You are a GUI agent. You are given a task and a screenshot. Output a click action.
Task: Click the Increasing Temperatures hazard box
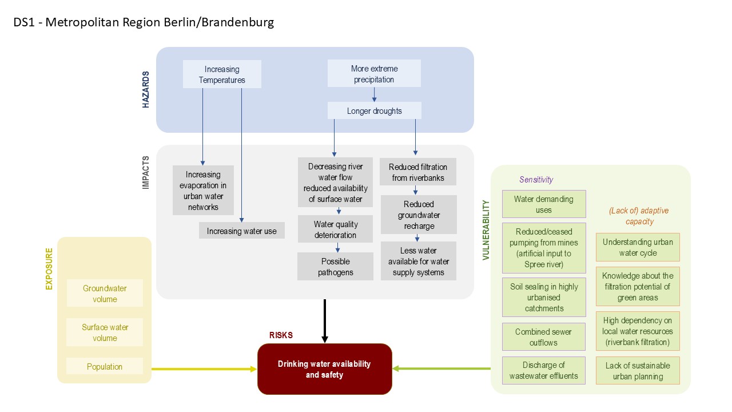tap(222, 74)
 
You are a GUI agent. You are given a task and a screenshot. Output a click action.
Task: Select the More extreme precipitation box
tap(374, 74)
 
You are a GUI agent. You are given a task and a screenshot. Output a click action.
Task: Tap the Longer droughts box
tap(374, 111)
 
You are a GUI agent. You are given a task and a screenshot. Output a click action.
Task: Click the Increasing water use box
tap(241, 231)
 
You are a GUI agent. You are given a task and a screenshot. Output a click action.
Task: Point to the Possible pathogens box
tap(335, 267)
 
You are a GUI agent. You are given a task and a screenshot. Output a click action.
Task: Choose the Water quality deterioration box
tap(335, 229)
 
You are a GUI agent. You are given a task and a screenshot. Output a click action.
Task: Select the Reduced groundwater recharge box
tap(419, 215)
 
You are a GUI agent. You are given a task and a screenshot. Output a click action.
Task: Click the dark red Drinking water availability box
tap(324, 369)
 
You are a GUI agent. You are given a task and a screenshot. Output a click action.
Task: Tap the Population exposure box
tap(105, 367)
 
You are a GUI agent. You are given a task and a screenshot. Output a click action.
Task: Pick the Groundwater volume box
tap(105, 294)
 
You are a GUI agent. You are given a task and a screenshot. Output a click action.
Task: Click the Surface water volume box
tap(105, 332)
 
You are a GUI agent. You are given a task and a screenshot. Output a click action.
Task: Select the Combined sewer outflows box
tap(543, 337)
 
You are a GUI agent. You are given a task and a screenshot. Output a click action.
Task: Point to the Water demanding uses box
tap(543, 204)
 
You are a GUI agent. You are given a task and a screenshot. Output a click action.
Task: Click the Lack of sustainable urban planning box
tap(638, 371)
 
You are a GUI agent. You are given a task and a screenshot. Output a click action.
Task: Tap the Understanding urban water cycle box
tap(638, 247)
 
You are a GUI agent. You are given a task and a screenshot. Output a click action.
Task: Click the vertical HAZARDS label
tap(146, 90)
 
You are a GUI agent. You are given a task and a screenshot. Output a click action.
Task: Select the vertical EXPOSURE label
tap(49, 268)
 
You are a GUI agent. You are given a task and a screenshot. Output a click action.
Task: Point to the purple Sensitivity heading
tap(536, 180)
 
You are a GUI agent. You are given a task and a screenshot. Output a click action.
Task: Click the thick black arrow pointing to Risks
tap(324, 320)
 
